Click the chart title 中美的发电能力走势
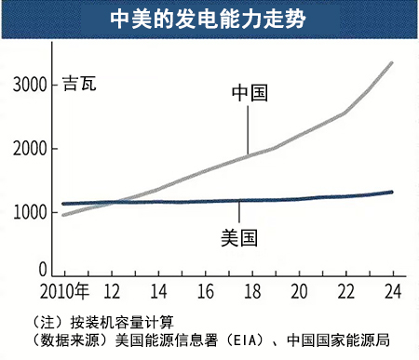[209, 18]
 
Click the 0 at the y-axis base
[42, 270]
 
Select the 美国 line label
[238, 237]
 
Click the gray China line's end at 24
[392, 63]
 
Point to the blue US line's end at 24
[392, 192]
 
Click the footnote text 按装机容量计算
[121, 322]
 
